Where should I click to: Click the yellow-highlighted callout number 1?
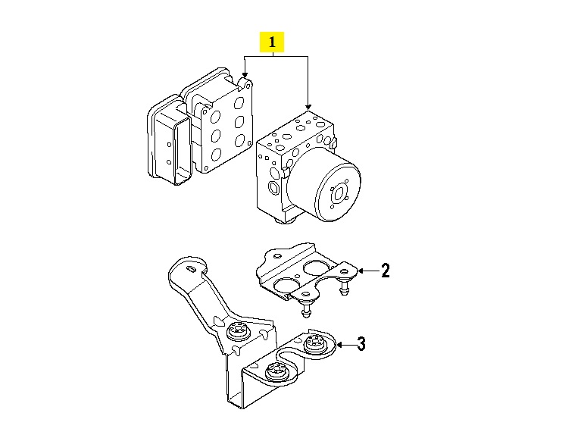click(x=272, y=42)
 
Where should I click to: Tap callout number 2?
click(x=386, y=271)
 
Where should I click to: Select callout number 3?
click(x=361, y=344)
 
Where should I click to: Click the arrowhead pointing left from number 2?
click(x=361, y=271)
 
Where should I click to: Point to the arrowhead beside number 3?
click(x=339, y=345)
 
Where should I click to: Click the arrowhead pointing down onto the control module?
click(x=245, y=75)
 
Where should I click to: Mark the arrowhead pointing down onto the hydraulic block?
click(x=308, y=107)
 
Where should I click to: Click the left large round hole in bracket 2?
click(x=286, y=286)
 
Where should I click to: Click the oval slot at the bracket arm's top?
click(x=192, y=270)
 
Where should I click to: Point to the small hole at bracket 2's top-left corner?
click(x=276, y=255)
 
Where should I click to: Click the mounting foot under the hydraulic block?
click(x=285, y=221)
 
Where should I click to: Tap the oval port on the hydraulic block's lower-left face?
click(x=273, y=188)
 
